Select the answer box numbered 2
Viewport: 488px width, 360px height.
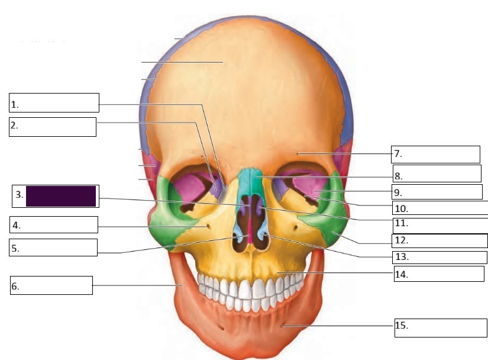[52, 127]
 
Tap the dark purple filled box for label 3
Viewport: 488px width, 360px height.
[61, 196]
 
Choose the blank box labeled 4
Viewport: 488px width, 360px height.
[53, 224]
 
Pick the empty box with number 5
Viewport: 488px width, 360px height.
[53, 247]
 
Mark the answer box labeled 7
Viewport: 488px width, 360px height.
[436, 154]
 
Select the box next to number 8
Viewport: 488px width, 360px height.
[437, 173]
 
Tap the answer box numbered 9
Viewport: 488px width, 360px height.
[437, 191]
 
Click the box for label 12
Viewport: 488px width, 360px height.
[439, 240]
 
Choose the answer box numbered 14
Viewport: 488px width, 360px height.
[439, 274]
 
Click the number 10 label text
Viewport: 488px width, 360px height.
[401, 208]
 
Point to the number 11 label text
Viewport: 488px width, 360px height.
[401, 224]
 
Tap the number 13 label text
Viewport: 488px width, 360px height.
[401, 258]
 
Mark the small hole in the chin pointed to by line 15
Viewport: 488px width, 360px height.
[282, 324]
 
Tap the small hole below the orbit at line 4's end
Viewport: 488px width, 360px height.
[206, 226]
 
